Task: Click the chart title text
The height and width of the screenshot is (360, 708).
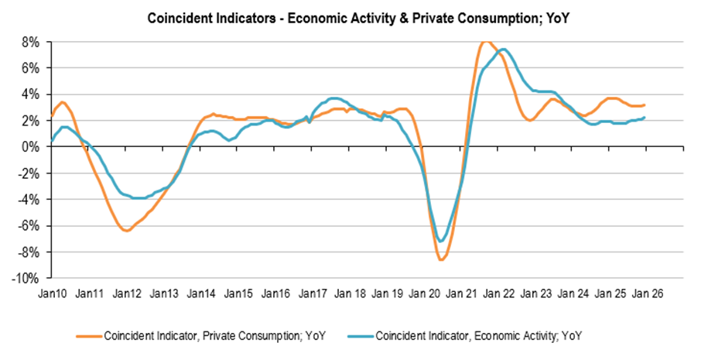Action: [x=354, y=16]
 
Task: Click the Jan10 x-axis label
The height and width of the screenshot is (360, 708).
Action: [x=53, y=294]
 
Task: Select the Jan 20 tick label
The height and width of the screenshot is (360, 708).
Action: [x=425, y=294]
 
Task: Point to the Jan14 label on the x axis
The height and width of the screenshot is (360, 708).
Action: [x=201, y=294]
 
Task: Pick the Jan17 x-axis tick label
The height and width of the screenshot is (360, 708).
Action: [x=313, y=294]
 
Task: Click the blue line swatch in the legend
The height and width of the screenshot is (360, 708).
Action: [x=363, y=336]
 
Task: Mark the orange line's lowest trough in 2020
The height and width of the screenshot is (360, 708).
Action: [x=441, y=259]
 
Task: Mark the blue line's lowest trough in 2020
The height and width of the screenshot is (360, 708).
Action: [x=441, y=241]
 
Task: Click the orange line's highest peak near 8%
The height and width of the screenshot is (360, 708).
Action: [x=485, y=42]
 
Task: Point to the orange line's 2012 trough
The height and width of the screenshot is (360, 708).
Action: [x=127, y=231]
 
